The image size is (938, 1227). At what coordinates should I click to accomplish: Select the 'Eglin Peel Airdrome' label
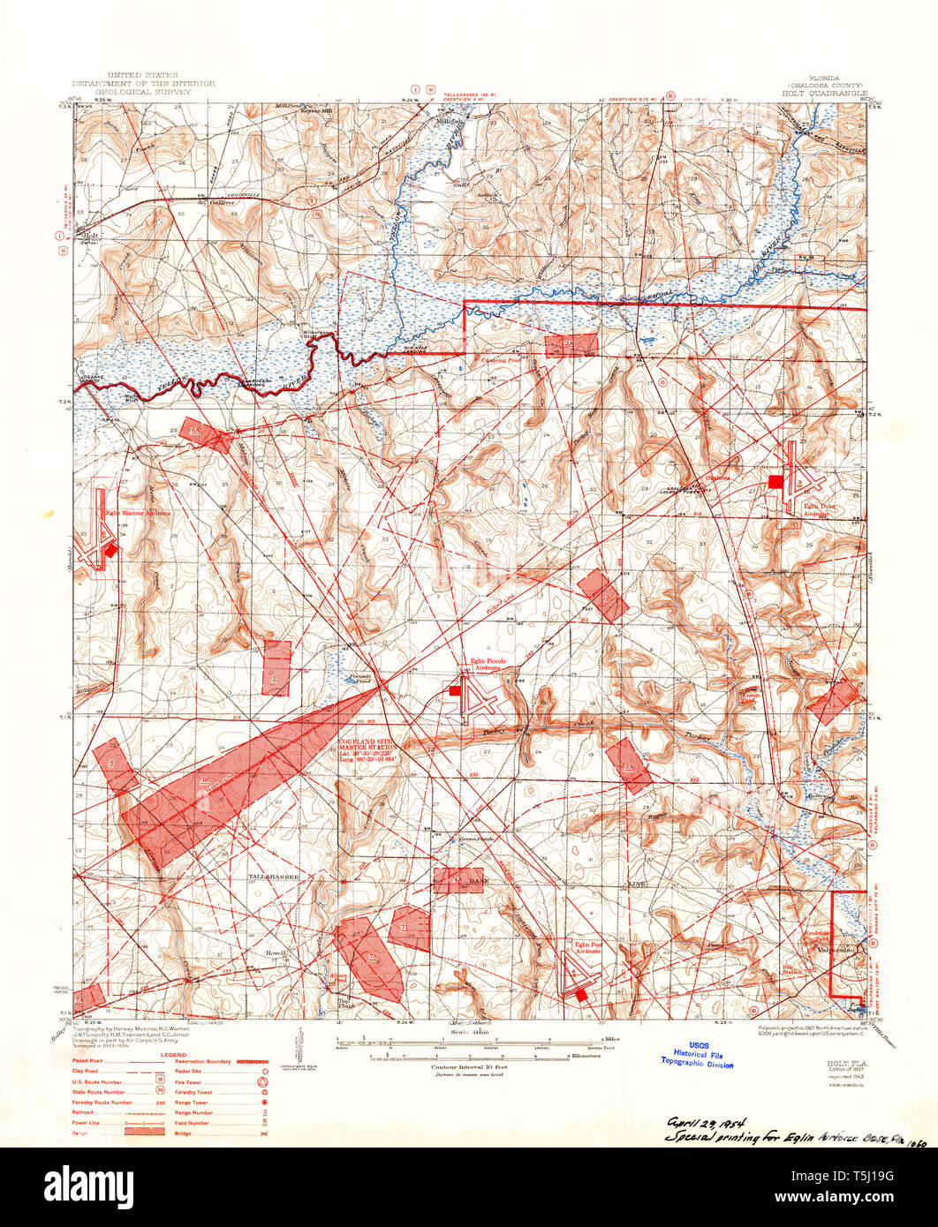[589, 946]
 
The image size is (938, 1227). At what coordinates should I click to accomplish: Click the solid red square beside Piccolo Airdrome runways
[455, 691]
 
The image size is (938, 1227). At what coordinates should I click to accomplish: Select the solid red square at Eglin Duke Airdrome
[775, 481]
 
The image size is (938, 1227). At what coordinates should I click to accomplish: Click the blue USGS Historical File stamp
[703, 1054]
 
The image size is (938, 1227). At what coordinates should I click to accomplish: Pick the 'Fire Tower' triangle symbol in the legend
[262, 1081]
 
